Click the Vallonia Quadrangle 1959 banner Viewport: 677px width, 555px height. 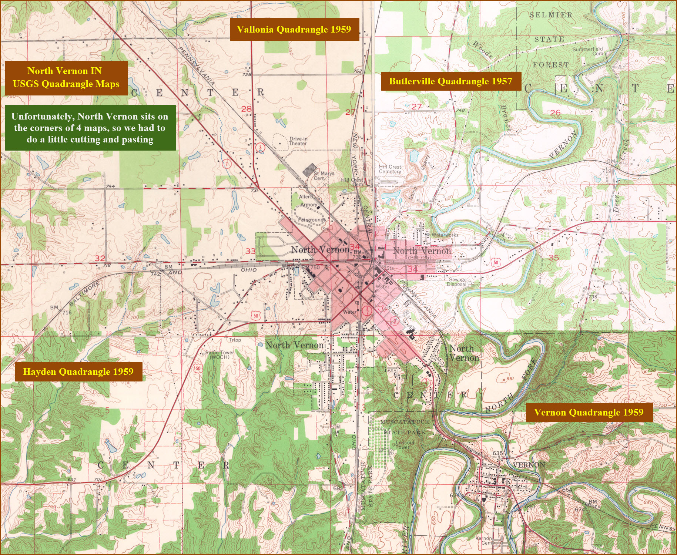[294, 29]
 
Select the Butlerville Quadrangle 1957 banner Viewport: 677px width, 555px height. [450, 81]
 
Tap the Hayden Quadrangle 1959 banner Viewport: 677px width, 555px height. [78, 371]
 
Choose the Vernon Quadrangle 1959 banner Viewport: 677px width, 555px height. [589, 412]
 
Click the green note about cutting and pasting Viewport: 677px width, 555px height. [90, 128]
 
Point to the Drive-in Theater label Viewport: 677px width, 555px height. [298, 141]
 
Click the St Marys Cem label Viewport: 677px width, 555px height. [324, 175]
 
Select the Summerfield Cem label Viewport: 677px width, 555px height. [588, 51]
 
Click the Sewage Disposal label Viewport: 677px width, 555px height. [457, 282]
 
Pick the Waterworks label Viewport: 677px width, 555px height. [445, 235]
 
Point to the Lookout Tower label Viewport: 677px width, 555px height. [405, 444]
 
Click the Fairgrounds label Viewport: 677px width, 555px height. [312, 219]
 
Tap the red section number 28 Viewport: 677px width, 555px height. [246, 109]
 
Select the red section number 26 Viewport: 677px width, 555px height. [555, 112]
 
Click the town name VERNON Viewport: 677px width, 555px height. [529, 465]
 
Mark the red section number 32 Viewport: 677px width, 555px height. [100, 258]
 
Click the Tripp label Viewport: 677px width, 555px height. [235, 340]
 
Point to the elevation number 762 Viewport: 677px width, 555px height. [357, 71]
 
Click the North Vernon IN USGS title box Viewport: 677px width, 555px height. [66, 77]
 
